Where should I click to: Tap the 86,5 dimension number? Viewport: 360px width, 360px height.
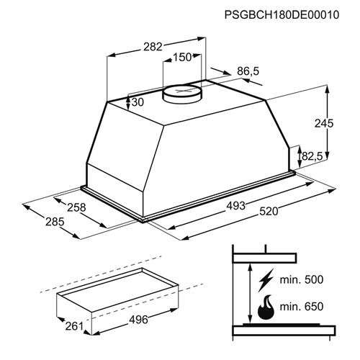(248, 72)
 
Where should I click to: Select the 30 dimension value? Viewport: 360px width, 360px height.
(138, 102)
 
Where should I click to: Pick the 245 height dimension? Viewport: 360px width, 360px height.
(325, 124)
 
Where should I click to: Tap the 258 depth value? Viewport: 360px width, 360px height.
(76, 208)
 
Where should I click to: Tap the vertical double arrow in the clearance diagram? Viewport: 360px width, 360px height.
(248, 294)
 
